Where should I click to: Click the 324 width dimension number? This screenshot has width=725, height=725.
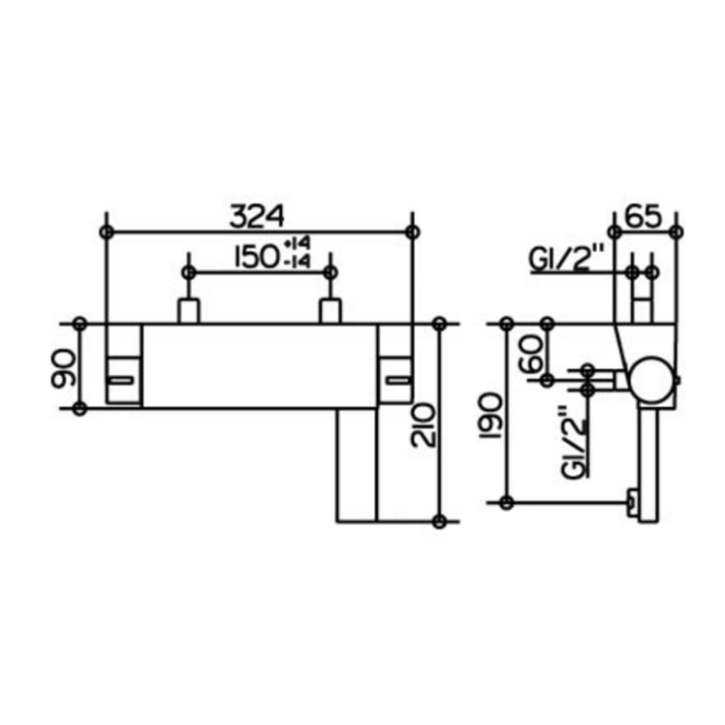click(x=257, y=217)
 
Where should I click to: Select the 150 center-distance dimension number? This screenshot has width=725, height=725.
click(x=256, y=256)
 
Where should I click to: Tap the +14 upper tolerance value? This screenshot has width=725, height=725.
click(x=297, y=244)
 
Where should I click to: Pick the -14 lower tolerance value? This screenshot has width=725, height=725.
click(x=297, y=262)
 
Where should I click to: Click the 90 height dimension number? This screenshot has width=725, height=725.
click(x=63, y=368)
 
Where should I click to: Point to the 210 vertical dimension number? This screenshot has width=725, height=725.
click(x=423, y=424)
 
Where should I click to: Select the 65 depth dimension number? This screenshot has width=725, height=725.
click(x=643, y=217)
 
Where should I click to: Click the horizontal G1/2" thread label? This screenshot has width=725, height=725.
click(x=567, y=258)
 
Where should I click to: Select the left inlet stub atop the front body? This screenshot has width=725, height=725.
click(x=188, y=312)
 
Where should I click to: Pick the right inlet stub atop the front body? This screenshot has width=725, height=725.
click(x=330, y=312)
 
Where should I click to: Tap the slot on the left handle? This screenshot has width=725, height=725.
click(x=121, y=380)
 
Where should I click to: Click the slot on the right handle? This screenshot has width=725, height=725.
click(x=399, y=380)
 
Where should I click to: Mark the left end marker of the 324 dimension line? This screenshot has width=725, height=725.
click(x=107, y=232)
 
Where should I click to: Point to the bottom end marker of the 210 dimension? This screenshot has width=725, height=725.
click(x=440, y=522)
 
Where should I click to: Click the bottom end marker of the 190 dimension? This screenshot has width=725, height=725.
click(x=507, y=502)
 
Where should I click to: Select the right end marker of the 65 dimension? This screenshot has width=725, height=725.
click(x=676, y=232)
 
